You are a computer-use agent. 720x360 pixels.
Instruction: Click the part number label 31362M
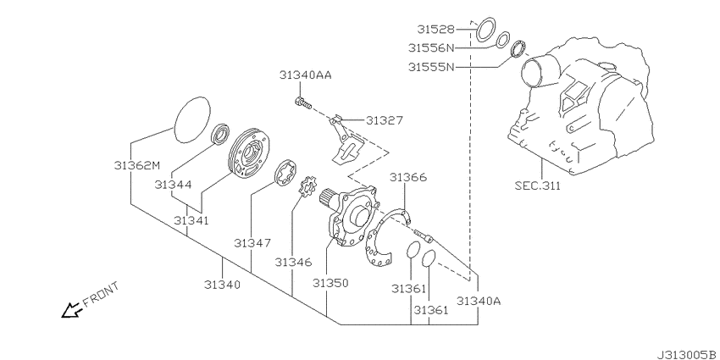136,165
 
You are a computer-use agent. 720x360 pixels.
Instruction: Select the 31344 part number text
173,185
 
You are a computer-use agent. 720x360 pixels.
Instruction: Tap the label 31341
191,220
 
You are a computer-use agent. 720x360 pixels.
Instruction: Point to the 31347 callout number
252,242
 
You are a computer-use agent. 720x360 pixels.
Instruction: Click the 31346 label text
293,263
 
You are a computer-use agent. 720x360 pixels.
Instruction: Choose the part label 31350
330,283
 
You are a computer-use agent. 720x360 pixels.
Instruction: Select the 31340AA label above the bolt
305,75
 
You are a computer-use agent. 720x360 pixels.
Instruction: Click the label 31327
385,120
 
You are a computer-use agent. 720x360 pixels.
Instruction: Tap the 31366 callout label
408,177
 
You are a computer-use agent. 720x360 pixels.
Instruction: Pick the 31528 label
435,30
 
